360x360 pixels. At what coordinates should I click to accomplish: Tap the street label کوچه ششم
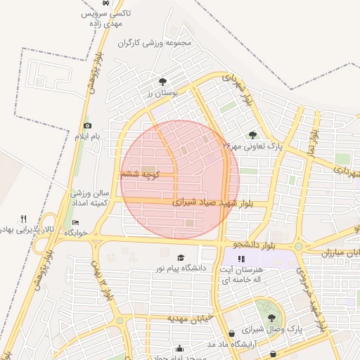[142, 173]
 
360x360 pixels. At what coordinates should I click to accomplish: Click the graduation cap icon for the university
[181, 258]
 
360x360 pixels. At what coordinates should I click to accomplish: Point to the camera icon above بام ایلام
[88, 125]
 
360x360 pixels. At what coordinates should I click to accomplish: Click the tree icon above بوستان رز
[163, 82]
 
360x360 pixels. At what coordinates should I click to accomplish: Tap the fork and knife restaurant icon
[23, 219]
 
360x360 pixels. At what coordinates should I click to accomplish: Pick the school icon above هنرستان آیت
[242, 259]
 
